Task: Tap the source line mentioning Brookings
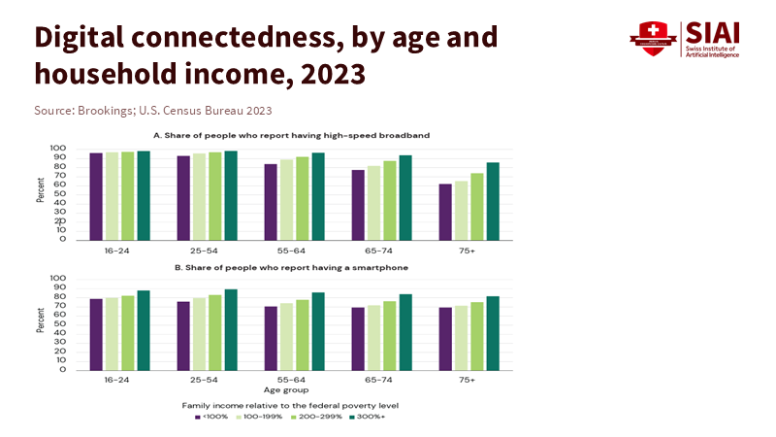153,111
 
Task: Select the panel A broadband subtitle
291,135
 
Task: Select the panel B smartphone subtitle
291,266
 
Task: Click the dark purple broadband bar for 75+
445,212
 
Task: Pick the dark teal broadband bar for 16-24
144,195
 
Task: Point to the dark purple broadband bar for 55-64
271,202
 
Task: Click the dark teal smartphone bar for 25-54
231,329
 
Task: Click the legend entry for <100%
212,417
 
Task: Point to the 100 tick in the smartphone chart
57,279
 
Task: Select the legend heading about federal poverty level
291,402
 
